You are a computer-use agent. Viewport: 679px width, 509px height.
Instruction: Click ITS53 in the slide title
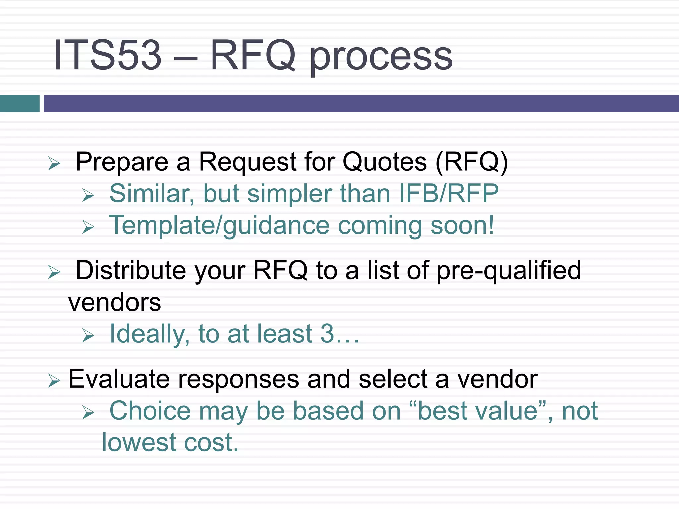point(107,55)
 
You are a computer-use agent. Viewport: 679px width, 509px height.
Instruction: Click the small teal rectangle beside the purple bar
point(20,103)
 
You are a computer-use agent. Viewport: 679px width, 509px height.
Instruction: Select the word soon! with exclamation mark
point(462,225)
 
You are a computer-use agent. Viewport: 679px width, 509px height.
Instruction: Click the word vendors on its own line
point(115,302)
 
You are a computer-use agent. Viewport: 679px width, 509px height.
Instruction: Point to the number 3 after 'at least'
point(327,334)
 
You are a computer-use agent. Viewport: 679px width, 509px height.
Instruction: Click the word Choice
point(150,411)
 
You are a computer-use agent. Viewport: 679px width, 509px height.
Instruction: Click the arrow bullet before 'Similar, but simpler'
point(88,195)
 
